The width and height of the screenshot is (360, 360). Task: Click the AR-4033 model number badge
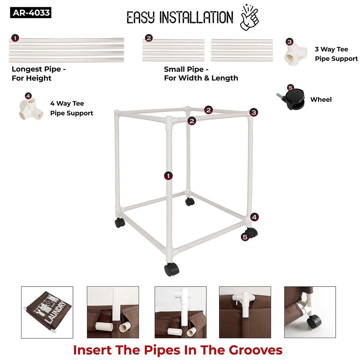(31, 13)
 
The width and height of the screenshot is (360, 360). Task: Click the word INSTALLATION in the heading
(196, 17)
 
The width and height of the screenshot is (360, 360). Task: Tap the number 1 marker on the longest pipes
(15, 38)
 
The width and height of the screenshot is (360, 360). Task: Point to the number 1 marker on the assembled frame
(168, 176)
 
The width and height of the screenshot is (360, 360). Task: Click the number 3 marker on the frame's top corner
(254, 112)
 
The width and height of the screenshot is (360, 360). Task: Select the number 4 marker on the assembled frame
(254, 217)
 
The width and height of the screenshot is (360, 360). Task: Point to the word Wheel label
(321, 99)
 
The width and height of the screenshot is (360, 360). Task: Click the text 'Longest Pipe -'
(39, 69)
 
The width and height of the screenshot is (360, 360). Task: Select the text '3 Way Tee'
(331, 49)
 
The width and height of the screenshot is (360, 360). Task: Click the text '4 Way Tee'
(67, 103)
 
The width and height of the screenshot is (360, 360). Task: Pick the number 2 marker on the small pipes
(149, 38)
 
